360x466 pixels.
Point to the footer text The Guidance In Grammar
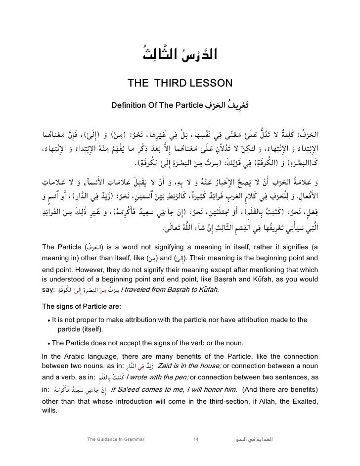click(115, 439)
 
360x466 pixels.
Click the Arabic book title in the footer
click(255, 439)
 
